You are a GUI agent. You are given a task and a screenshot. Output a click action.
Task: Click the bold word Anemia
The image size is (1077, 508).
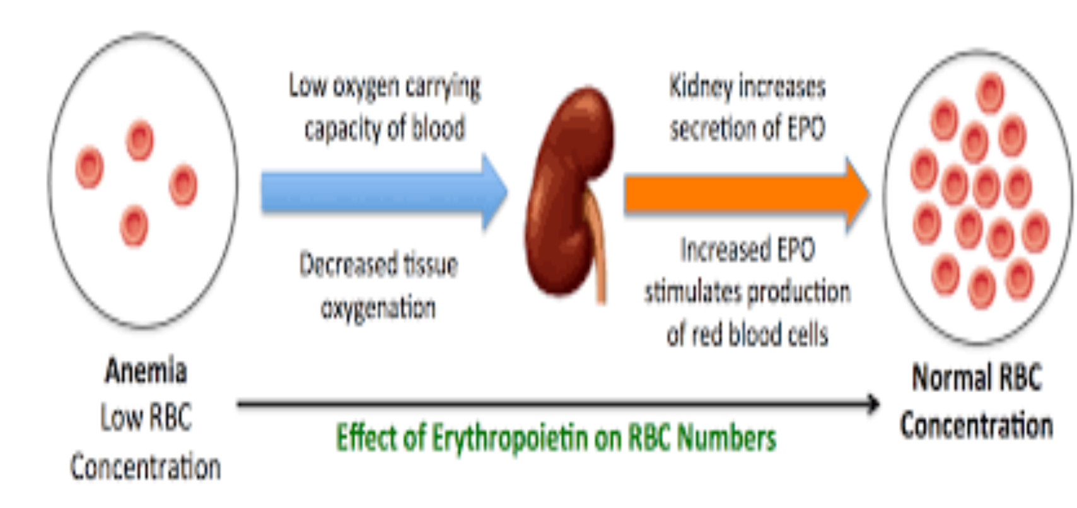coord(146,371)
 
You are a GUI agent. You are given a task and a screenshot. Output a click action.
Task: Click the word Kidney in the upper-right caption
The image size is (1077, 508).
coord(700,86)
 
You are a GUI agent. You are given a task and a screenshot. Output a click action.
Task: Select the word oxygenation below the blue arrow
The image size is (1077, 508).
coord(378,308)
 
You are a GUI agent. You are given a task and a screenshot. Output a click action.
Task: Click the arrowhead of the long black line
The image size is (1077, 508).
coord(873,404)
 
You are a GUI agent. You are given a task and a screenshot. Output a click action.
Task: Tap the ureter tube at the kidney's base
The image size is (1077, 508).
coord(598,252)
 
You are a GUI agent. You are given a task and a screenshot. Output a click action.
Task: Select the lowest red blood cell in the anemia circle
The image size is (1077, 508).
coord(134,225)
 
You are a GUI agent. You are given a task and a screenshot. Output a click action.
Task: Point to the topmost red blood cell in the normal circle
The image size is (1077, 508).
coord(990,93)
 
